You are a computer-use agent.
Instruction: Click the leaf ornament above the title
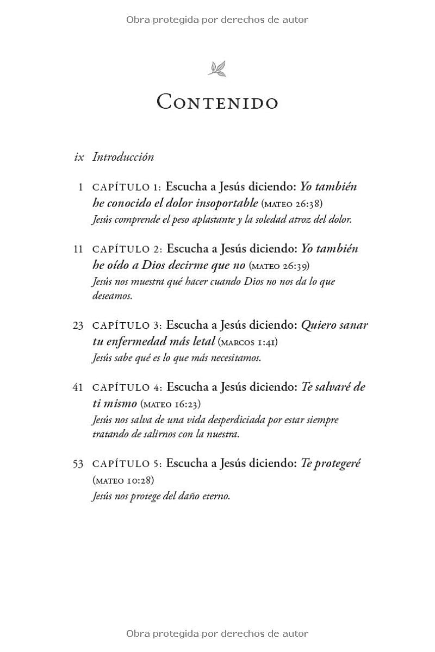217,69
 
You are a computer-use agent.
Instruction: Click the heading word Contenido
217,102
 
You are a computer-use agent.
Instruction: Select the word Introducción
123,157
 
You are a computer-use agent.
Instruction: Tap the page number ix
79,157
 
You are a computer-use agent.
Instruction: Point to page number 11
78,249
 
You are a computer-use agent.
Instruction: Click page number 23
78,325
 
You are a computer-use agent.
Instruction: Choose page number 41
78,387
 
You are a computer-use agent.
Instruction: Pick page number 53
78,463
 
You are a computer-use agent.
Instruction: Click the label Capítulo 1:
127,187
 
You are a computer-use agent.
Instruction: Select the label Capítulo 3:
127,325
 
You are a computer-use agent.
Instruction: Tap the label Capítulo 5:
127,463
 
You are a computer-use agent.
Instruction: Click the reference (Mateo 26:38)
292,204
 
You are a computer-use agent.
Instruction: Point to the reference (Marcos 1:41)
248,342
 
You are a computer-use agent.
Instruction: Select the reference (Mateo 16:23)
171,404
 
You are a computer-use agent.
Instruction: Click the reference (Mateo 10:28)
123,480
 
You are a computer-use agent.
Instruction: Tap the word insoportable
222,203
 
